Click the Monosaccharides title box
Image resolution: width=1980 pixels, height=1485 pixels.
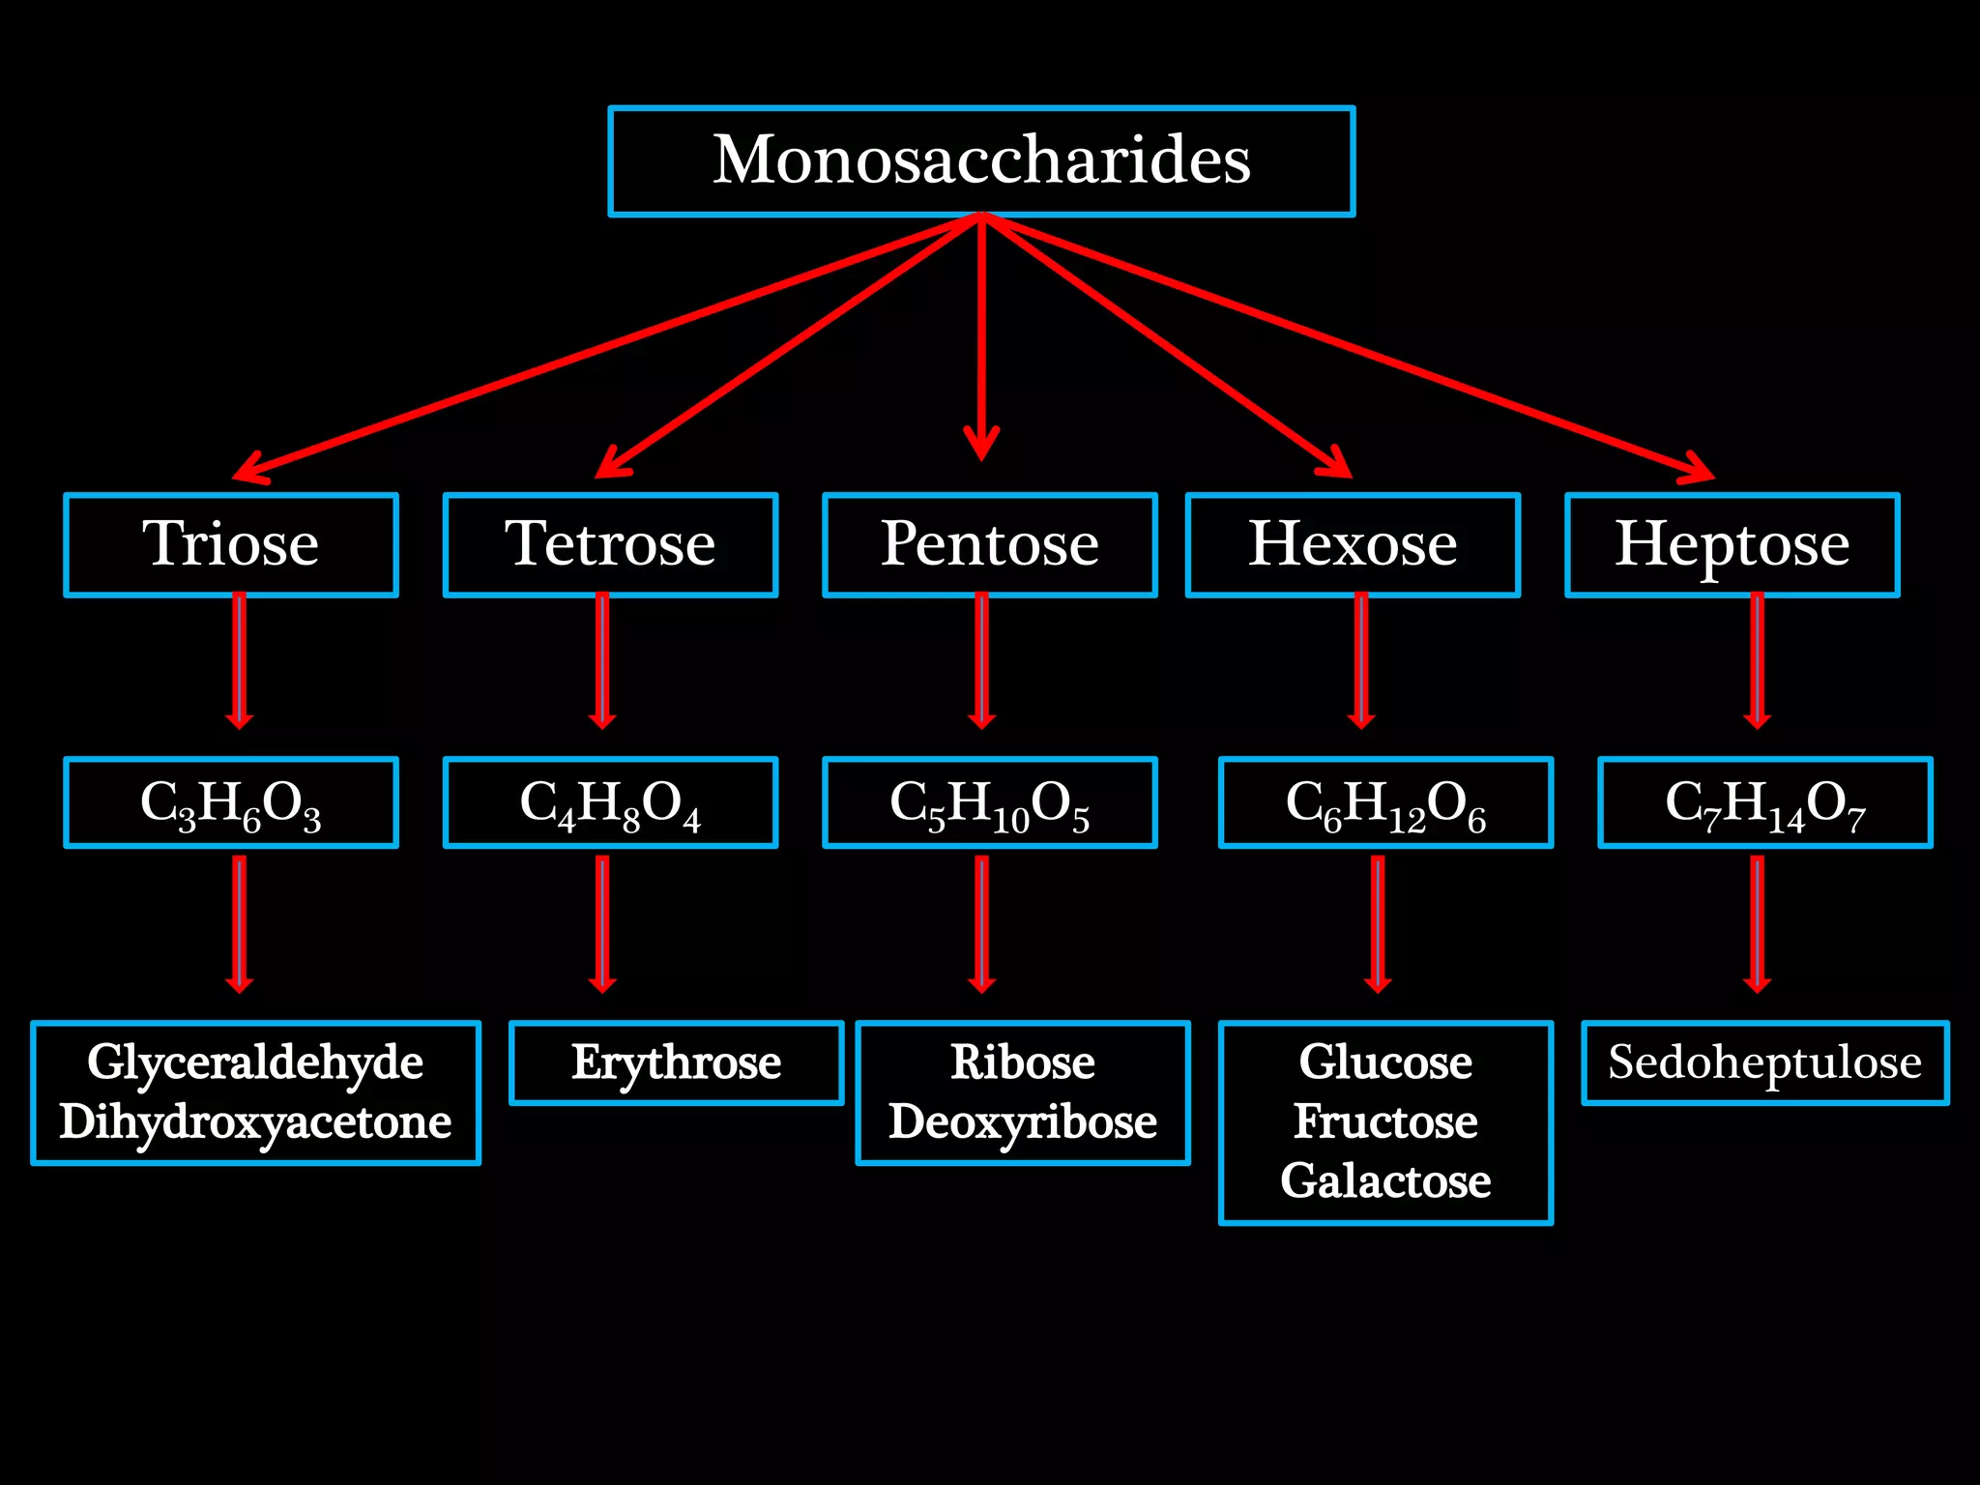tap(981, 160)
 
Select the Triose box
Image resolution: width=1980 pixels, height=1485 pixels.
tap(231, 544)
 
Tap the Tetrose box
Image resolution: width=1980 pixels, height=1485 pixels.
tap(610, 544)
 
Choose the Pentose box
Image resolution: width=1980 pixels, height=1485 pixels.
tap(989, 544)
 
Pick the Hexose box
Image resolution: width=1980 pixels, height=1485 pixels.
tap(1353, 544)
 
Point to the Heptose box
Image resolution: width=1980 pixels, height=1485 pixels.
tap(1732, 544)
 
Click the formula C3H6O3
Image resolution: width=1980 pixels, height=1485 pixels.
tap(231, 802)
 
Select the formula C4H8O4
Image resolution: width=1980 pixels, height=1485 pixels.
tap(610, 802)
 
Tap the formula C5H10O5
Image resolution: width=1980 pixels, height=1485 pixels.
tap(989, 802)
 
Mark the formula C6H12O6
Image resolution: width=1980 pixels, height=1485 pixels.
tap(1385, 802)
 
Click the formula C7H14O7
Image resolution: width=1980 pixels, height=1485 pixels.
tap(1764, 802)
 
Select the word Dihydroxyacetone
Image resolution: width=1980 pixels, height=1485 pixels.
tap(255, 1121)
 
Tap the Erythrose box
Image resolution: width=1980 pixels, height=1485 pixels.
tap(676, 1063)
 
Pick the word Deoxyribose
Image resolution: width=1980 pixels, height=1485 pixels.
tap(1022, 1121)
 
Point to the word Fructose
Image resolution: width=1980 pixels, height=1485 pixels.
tap(1385, 1121)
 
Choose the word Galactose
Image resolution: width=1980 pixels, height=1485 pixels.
tap(1385, 1180)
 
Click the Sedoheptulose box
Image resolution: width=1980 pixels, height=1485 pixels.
tap(1764, 1063)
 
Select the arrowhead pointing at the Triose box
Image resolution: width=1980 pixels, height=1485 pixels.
tap(249, 470)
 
